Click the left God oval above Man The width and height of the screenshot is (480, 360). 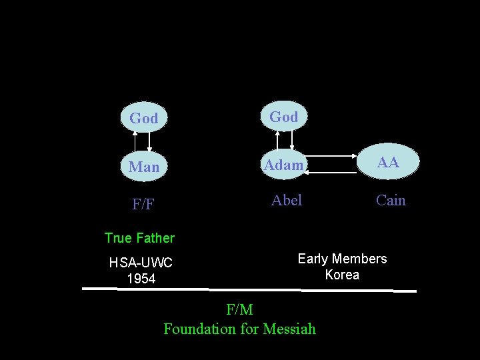(x=144, y=118)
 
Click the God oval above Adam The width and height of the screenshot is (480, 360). (x=283, y=117)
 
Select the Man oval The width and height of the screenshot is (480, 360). (x=144, y=167)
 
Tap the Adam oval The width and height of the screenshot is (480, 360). (x=283, y=165)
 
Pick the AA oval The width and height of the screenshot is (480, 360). (x=388, y=162)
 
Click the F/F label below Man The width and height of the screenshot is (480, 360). (x=143, y=204)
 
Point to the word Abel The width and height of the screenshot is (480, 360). (x=287, y=200)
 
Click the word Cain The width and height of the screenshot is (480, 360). (x=391, y=200)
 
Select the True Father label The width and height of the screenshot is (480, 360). (x=139, y=238)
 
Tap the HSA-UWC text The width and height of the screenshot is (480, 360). (x=141, y=263)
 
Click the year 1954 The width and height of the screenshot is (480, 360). (x=141, y=279)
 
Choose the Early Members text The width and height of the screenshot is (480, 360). (x=342, y=259)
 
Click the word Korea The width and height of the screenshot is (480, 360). (x=342, y=275)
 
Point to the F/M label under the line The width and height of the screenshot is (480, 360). (x=239, y=309)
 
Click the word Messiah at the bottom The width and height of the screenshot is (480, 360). (x=289, y=329)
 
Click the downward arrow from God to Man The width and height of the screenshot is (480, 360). (x=149, y=141)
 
